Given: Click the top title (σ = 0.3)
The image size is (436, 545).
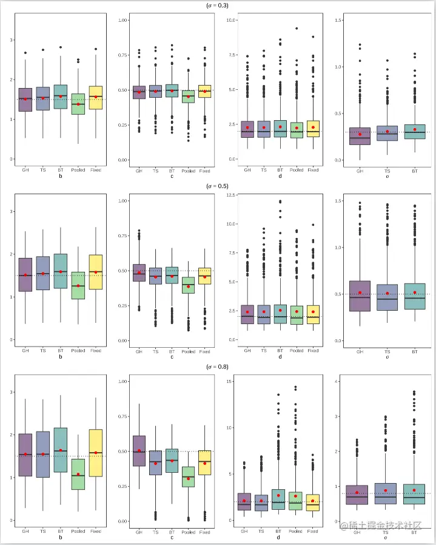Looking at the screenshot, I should click(x=218, y=5).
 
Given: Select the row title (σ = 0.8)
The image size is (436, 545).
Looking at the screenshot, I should click(x=218, y=367).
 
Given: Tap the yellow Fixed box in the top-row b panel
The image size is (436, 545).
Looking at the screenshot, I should click(x=95, y=98).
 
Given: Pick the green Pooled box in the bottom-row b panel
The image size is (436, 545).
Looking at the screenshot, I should click(x=78, y=474).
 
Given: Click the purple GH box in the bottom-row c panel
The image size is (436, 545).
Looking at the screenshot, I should click(x=139, y=450).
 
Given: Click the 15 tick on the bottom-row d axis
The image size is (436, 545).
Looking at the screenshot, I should click(x=231, y=381).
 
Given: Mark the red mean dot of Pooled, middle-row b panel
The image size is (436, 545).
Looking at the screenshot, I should click(x=78, y=286).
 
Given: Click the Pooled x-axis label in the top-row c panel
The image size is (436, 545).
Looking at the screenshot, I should click(x=188, y=171).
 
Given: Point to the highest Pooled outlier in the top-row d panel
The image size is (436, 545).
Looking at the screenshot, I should click(x=297, y=28).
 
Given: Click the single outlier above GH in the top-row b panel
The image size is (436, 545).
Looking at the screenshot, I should click(x=25, y=53).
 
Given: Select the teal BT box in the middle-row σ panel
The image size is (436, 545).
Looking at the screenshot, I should click(x=414, y=296).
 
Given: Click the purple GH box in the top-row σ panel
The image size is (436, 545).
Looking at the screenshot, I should click(x=360, y=145).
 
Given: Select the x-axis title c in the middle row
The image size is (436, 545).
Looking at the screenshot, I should click(x=172, y=357).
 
